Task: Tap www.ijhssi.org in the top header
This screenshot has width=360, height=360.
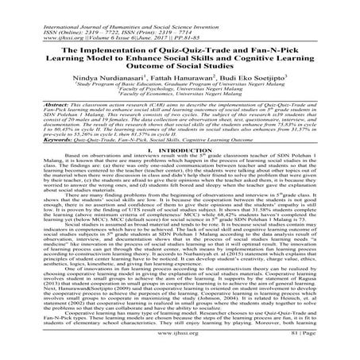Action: [x=31, y=20]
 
